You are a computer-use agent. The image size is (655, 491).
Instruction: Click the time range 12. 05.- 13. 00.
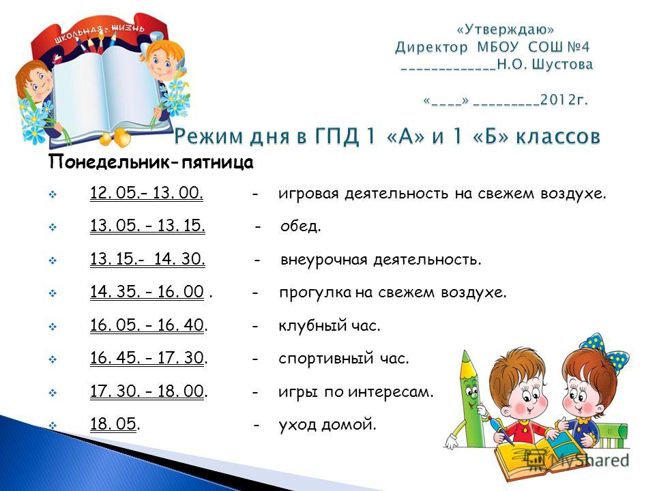click(x=147, y=193)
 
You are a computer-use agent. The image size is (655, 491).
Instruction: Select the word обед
click(x=301, y=226)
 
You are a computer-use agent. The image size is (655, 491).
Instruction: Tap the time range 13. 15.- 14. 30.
click(x=147, y=259)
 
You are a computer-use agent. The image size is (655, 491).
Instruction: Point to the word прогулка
click(x=315, y=293)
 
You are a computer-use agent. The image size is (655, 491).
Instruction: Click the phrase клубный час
click(x=330, y=325)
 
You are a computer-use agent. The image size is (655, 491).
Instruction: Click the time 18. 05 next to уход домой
click(x=114, y=423)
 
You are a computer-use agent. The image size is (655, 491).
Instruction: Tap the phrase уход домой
click(x=327, y=425)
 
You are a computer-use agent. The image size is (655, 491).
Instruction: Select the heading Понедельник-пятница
click(x=151, y=162)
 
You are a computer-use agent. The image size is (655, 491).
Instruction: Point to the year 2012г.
click(x=564, y=100)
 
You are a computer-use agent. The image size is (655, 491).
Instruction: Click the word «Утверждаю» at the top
click(x=506, y=29)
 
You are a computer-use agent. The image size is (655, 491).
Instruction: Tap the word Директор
click(x=431, y=47)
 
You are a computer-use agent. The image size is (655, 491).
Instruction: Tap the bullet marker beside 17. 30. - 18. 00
click(x=53, y=393)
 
